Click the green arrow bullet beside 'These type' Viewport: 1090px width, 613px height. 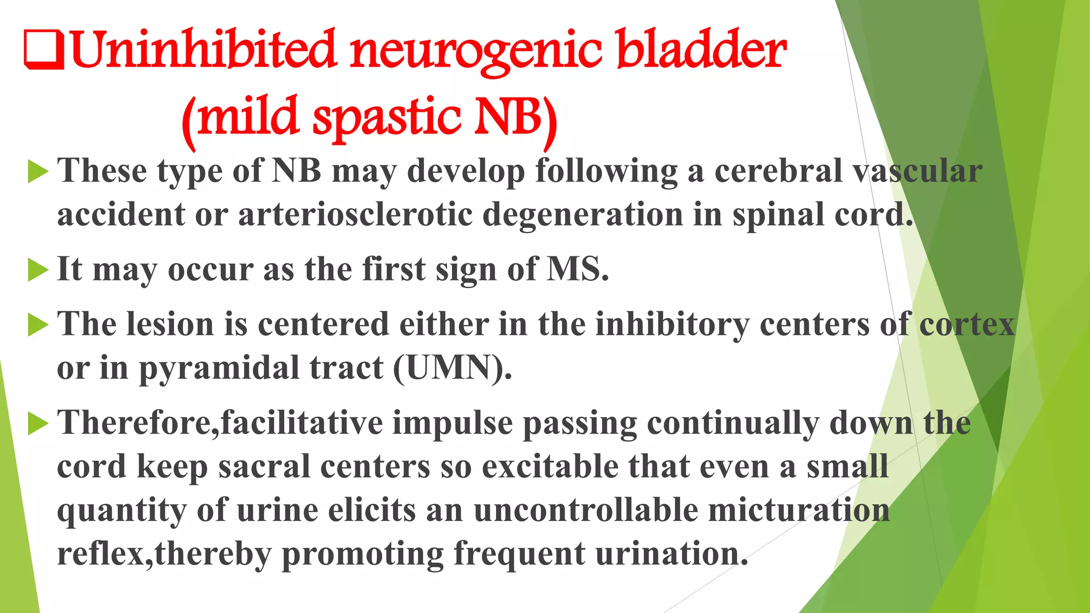[38, 172]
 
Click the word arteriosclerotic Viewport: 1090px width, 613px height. [355, 215]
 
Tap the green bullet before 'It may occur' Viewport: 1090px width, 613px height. [38, 270]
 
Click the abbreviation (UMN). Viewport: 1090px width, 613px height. [452, 368]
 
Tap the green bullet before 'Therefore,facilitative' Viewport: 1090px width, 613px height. [38, 424]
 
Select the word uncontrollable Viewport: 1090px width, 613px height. [585, 510]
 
